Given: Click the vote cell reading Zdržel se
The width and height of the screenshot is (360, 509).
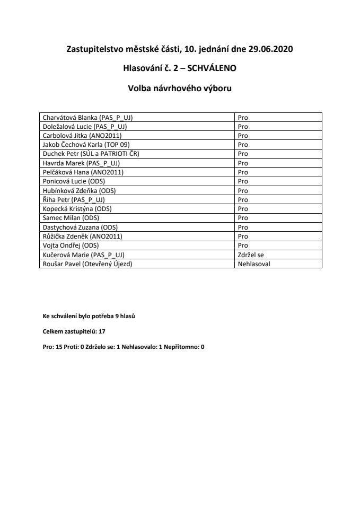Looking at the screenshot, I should point(250,254).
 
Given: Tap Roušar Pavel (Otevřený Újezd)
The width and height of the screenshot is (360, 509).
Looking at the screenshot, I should point(87,264).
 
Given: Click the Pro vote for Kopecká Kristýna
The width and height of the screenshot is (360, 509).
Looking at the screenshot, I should point(243,209).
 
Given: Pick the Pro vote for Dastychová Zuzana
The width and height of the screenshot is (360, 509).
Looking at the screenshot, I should point(243,227).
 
